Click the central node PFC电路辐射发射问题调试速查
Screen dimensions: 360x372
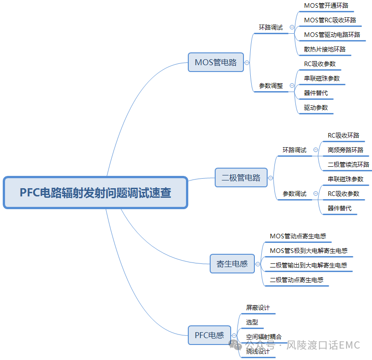click(95, 192)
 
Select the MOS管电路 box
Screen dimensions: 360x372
click(216, 62)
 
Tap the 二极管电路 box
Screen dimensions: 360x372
click(241, 178)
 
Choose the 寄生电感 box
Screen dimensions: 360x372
click(232, 263)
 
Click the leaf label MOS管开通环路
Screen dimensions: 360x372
click(329, 6)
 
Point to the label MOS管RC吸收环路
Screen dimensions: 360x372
click(330, 20)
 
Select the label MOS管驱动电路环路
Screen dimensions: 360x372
click(332, 35)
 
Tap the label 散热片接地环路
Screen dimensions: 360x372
click(325, 49)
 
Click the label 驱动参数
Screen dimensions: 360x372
click(316, 108)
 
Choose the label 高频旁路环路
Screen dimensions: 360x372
click(346, 150)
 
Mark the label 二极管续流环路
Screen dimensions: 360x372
click(348, 165)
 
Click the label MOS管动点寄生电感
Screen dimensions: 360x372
click(298, 236)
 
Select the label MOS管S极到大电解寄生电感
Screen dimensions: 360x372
click(309, 251)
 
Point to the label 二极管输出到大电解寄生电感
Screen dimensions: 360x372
click(308, 265)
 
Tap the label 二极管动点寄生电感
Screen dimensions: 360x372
click(296, 280)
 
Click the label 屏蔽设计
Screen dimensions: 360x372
click(258, 308)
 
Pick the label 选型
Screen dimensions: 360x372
click(252, 322)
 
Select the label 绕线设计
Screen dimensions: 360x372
click(258, 351)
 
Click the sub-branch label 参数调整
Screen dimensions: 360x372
click(271, 86)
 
